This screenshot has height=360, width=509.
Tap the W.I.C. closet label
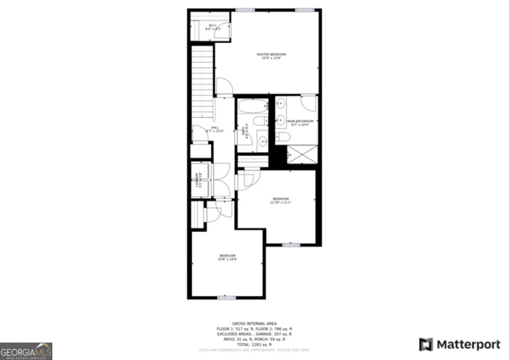212,28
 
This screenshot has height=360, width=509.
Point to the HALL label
215,129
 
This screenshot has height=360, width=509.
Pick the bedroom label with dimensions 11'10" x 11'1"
281,200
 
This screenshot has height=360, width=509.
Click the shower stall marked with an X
302,154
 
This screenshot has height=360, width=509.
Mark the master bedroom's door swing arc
225,87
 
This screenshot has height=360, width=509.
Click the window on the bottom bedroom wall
227,297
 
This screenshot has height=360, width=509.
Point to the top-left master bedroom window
245,9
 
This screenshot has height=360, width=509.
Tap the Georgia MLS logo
26,351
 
